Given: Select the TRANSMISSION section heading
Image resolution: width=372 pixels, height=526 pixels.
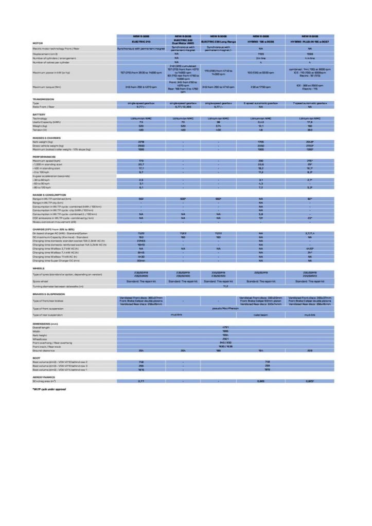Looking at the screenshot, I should tap(44, 99).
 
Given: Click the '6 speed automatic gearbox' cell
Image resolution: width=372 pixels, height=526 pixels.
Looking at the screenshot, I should tap(265, 103).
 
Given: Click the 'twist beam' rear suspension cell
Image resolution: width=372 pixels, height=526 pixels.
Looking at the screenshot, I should tap(265, 314).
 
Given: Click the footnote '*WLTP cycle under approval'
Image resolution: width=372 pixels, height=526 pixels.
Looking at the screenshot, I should tap(49, 389).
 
